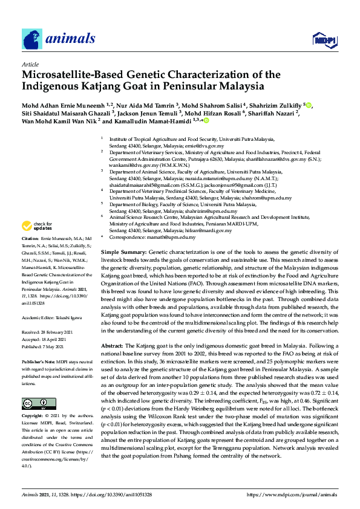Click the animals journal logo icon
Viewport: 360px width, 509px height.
point(33,39)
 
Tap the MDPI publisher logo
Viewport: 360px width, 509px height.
point(321,40)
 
